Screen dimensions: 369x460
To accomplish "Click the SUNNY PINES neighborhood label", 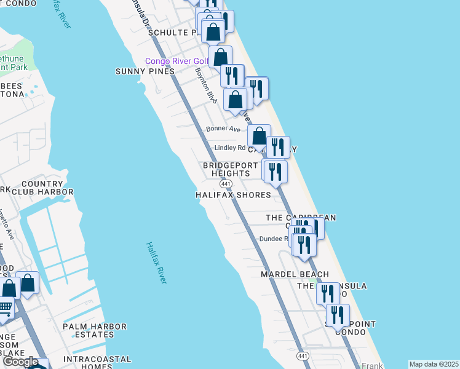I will tap(145, 71).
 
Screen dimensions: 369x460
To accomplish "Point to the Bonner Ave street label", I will tap(223, 129).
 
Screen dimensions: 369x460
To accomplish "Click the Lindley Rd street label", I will tap(230, 148).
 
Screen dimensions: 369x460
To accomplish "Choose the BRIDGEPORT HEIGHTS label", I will tap(226, 169).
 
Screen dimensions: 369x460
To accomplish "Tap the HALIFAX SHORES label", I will tap(233, 195).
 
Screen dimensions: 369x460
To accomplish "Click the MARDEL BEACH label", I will tap(294, 274).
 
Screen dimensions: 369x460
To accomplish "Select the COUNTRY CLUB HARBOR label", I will tap(47, 188).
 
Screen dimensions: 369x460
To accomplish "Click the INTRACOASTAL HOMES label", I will tap(96, 363).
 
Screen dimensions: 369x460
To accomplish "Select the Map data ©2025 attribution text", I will tap(434, 364).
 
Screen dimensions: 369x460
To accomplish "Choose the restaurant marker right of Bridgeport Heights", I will tap(275, 171).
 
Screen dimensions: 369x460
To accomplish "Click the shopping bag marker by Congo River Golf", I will tap(220, 57).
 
